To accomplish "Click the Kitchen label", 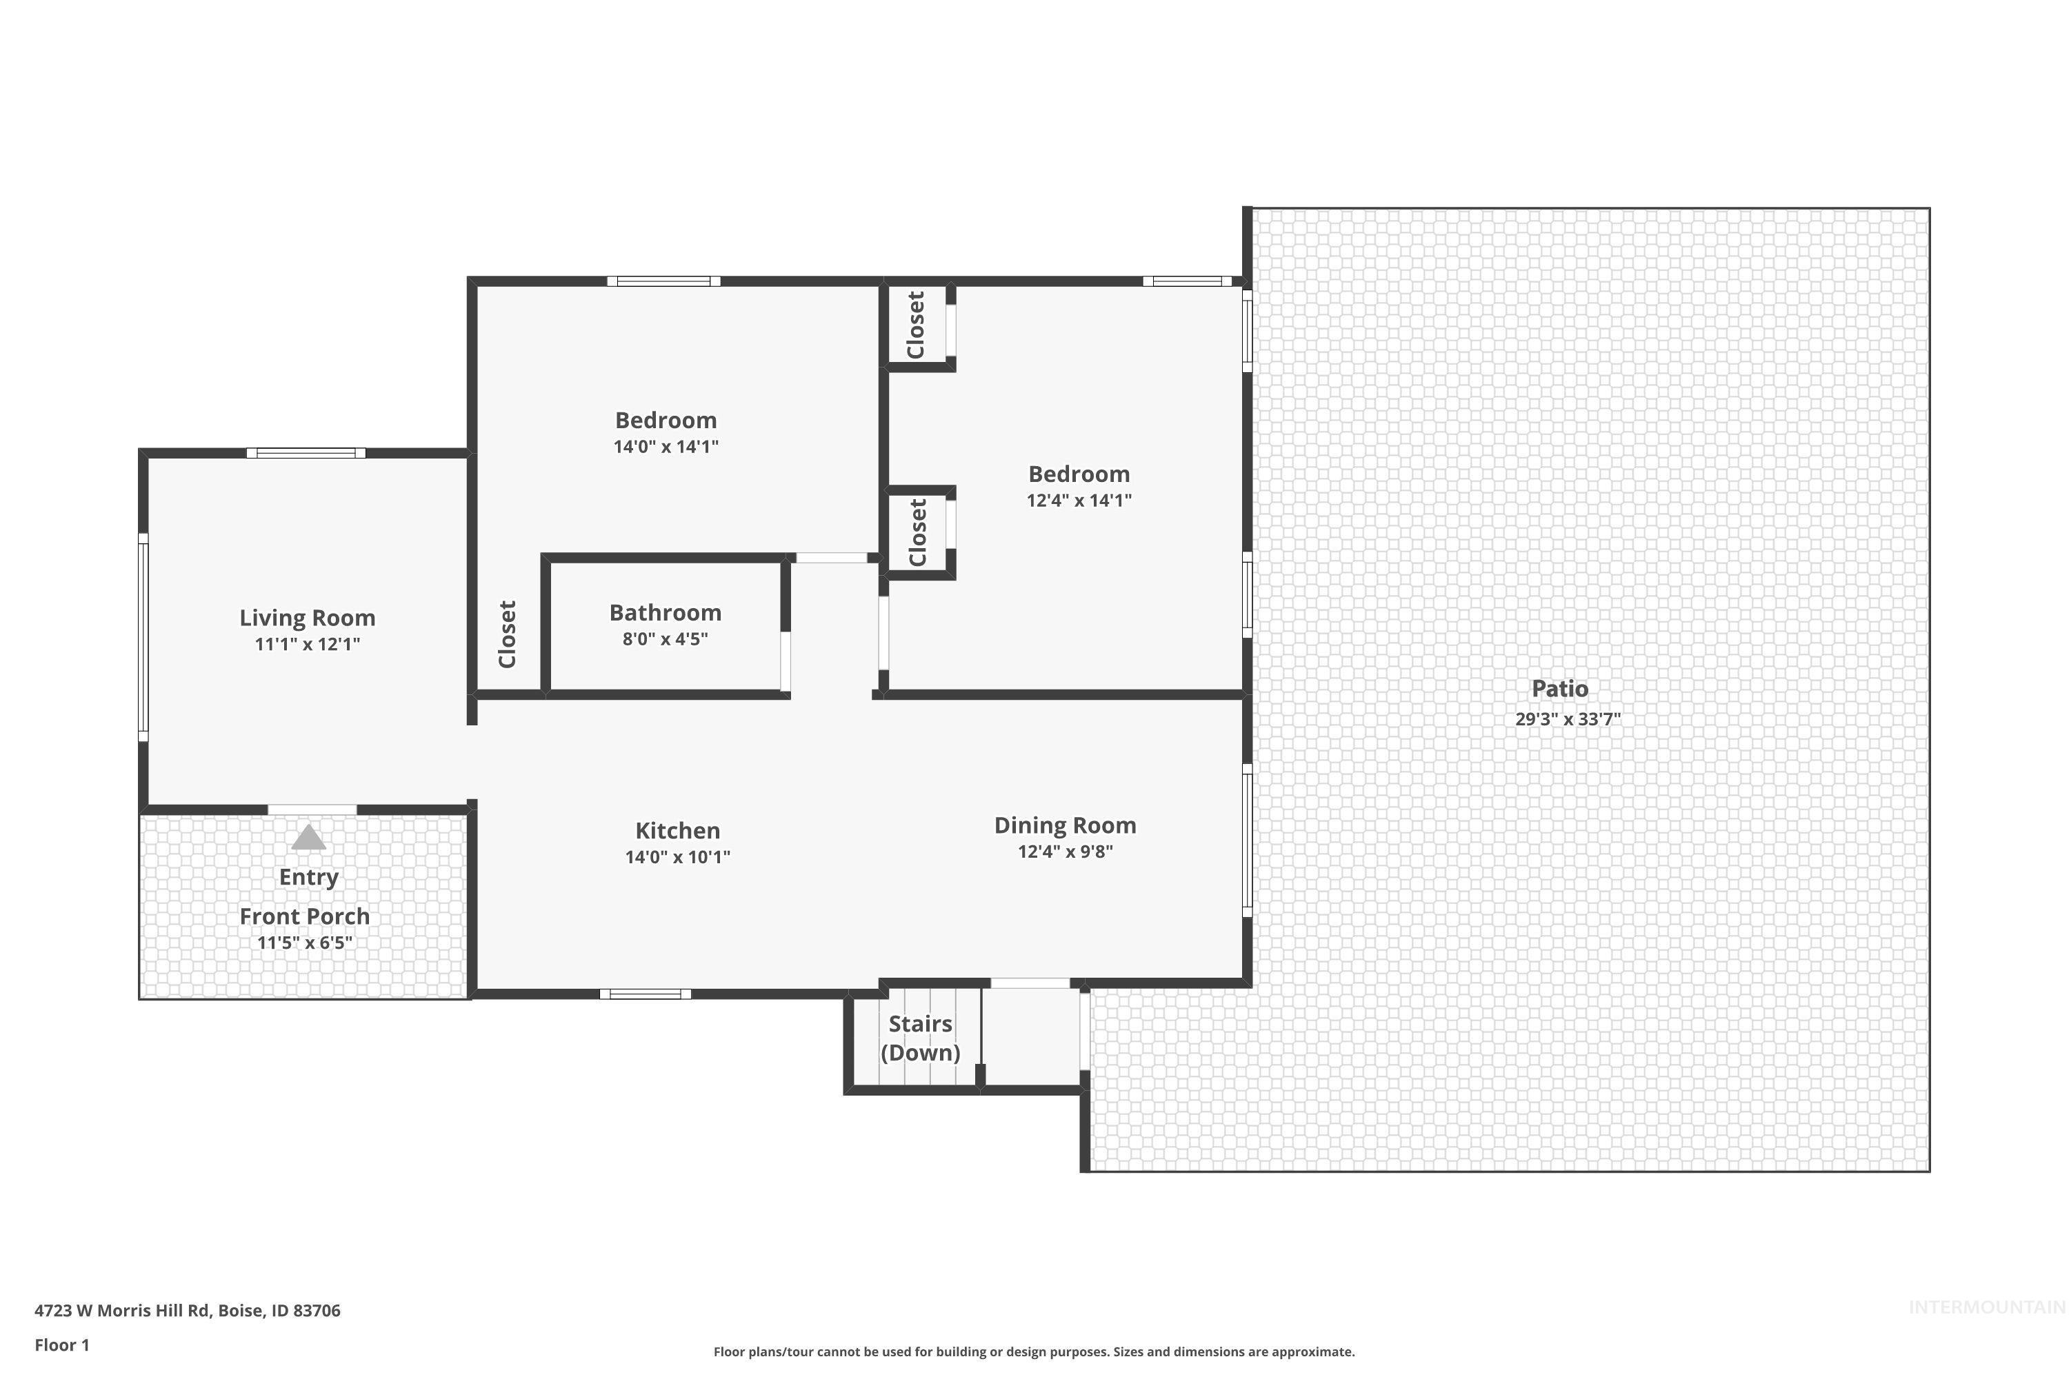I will coord(677,830).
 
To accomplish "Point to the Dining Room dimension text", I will coord(1066,852).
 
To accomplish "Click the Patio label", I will coord(1559,689).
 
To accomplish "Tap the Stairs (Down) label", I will coord(920,1038).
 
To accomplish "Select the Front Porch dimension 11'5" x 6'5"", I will coord(304,943).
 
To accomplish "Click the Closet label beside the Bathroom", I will coord(508,634).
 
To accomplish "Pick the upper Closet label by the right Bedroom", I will coord(916,325).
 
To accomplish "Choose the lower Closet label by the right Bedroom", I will coord(917,533).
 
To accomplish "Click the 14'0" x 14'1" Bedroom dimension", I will coord(666,447).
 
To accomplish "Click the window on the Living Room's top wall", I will coord(306,453).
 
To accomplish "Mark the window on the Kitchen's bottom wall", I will coord(645,994).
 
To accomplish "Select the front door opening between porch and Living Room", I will coord(312,809).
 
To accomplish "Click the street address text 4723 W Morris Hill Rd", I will coord(188,1311).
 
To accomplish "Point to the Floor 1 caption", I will coord(61,1345).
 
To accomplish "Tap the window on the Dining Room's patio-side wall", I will coord(1246,841).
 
